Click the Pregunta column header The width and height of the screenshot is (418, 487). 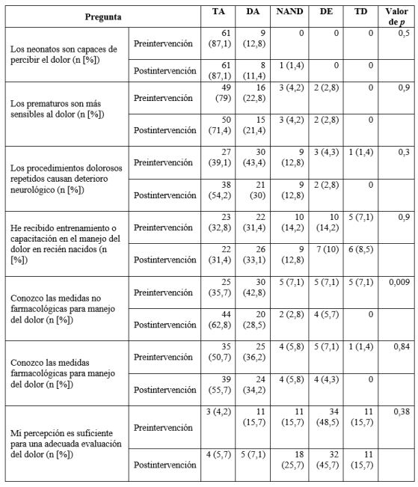pyautogui.click(x=103, y=15)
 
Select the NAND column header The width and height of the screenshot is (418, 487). pyautogui.click(x=291, y=11)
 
